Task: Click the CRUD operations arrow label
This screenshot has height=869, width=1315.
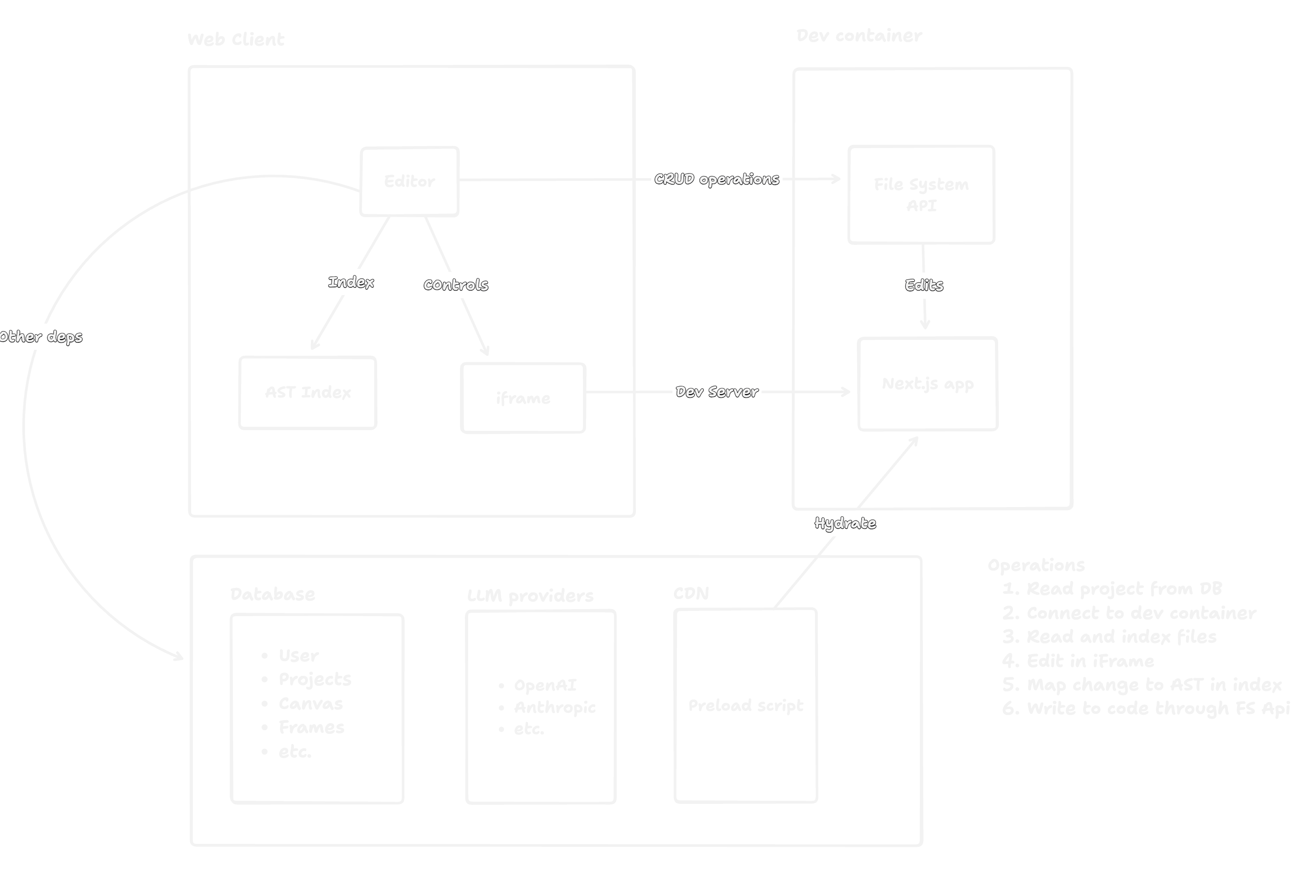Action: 716,179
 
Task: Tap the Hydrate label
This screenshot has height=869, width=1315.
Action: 845,523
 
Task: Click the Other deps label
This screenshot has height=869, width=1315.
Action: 41,336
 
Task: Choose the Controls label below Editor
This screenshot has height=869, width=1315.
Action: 456,284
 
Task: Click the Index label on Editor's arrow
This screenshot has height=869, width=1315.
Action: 351,282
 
